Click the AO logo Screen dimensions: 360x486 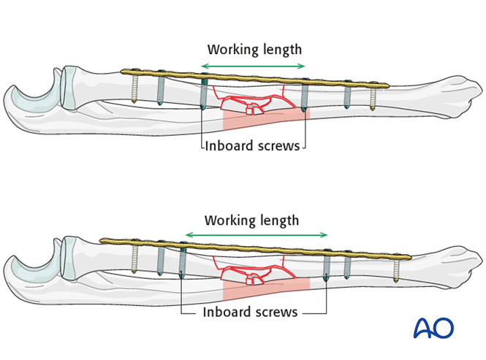pos(433,329)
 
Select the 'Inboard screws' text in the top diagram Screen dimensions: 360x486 pos(252,145)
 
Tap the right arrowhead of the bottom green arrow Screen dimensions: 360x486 pos(326,235)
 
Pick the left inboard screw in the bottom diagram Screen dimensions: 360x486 pos(182,261)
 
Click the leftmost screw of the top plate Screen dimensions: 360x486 pos(135,88)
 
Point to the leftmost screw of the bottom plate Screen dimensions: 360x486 pos(135,258)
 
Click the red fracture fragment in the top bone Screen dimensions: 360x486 pos(251,109)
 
